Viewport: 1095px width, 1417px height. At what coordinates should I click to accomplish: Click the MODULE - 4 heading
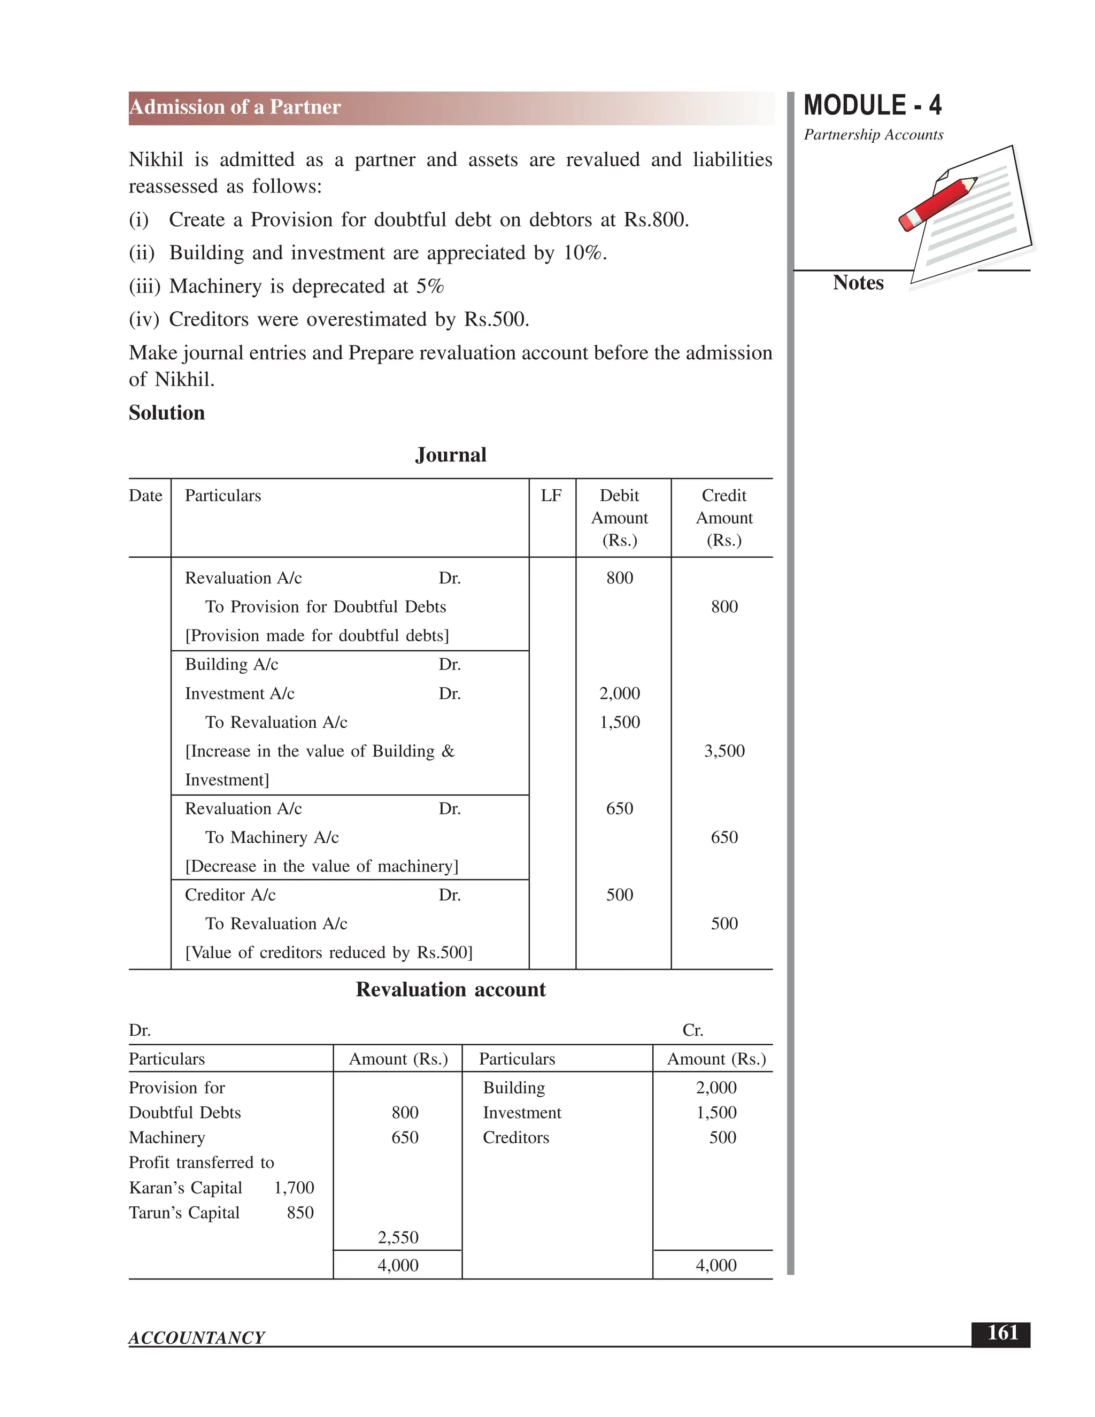872,105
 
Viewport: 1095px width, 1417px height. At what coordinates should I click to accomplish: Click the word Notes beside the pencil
858,283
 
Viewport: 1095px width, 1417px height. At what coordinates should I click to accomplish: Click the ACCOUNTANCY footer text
197,1338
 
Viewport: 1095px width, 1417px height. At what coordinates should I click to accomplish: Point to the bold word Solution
167,413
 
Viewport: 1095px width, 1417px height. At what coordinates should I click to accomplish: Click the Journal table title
450,455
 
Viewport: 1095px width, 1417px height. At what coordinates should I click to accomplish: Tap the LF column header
551,496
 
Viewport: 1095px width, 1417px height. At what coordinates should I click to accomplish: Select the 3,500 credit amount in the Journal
724,751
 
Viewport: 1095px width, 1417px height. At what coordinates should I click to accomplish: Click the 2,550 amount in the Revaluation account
398,1237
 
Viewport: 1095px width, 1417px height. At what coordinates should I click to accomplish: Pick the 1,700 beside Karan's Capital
294,1187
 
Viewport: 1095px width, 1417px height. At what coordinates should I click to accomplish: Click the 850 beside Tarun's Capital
300,1213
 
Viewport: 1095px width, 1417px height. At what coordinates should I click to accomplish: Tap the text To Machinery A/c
272,837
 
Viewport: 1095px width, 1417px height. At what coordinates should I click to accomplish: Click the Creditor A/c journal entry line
230,895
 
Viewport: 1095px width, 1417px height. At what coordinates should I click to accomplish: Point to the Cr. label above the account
692,1030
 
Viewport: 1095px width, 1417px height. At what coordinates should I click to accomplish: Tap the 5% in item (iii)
429,286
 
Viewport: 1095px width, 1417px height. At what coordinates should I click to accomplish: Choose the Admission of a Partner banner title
235,107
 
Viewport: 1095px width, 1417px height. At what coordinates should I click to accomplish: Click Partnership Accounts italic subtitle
873,135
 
